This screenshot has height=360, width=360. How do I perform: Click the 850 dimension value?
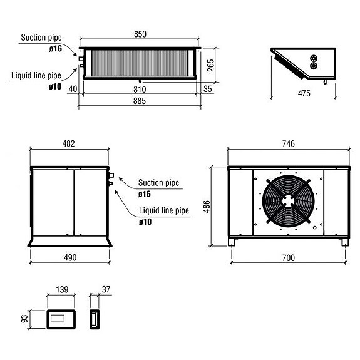(x=141, y=34)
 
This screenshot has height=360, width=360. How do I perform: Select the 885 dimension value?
(x=141, y=101)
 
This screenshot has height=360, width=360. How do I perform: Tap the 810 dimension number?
(x=141, y=90)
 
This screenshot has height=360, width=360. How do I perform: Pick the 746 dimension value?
(x=288, y=144)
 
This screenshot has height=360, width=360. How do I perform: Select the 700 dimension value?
(x=288, y=257)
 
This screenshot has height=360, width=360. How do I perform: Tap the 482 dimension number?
(x=69, y=144)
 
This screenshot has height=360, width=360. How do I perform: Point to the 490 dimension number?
(x=69, y=257)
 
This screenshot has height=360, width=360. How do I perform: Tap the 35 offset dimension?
(x=208, y=90)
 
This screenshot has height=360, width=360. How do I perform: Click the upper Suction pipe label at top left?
(x=41, y=38)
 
